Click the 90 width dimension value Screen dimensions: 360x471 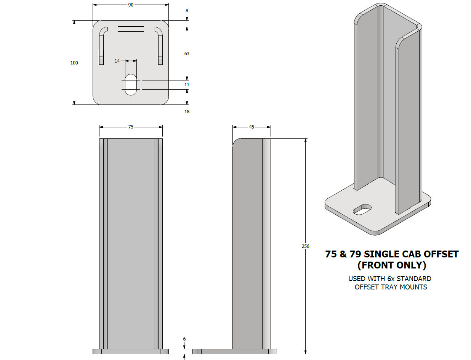tap(131, 5)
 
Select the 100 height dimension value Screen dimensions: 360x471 tap(74, 63)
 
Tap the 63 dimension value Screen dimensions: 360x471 tap(187, 54)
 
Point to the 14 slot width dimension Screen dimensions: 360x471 tap(117, 61)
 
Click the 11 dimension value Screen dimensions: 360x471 tap(187, 85)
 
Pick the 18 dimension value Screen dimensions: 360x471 tap(187, 112)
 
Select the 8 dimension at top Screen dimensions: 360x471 tap(187, 11)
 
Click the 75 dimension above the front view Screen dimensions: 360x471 tap(131, 127)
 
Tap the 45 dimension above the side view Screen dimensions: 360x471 tap(252, 127)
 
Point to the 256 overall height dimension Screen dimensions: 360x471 tap(306, 246)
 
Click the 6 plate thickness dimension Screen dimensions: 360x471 tap(184, 339)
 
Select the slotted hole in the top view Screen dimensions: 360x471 tap(131, 85)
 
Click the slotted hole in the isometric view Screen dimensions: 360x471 tap(362, 209)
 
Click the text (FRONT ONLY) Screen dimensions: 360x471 tap(391, 265)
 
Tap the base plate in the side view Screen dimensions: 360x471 tap(234, 352)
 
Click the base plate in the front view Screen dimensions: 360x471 tap(131, 352)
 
